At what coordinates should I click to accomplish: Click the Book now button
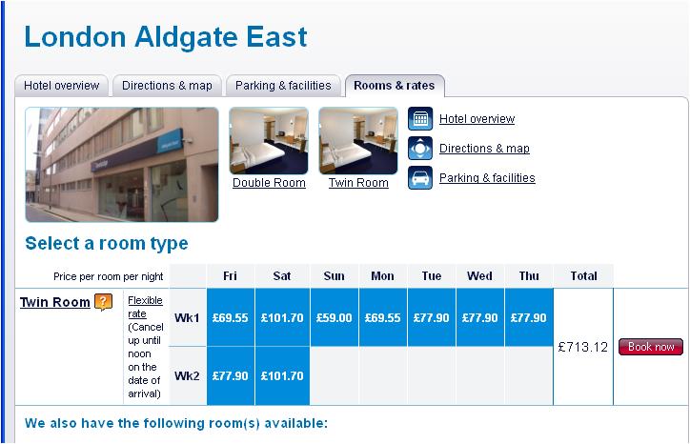[x=651, y=347]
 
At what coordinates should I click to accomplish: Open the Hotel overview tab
[x=62, y=86]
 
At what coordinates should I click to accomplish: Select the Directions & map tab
[x=167, y=86]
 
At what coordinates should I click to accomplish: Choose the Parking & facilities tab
[x=283, y=86]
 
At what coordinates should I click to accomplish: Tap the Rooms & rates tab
[x=395, y=86]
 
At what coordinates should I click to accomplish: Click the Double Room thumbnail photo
[x=269, y=141]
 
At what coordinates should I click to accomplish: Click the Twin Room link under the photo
[x=358, y=183]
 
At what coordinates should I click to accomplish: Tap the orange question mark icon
[x=103, y=302]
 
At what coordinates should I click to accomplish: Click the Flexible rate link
[x=145, y=307]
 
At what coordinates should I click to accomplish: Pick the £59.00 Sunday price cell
[x=334, y=317]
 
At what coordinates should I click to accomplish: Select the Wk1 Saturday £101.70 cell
[x=282, y=317]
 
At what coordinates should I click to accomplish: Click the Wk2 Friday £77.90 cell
[x=230, y=375]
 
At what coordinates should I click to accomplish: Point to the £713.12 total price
[x=583, y=347]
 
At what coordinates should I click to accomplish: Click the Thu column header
[x=529, y=276]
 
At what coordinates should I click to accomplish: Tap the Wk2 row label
[x=187, y=375]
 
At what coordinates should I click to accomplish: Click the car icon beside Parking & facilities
[x=420, y=178]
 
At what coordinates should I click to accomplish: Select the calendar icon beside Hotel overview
[x=420, y=119]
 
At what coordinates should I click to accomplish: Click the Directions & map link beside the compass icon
[x=484, y=149]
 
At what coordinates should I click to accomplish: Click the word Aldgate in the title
[x=186, y=36]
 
